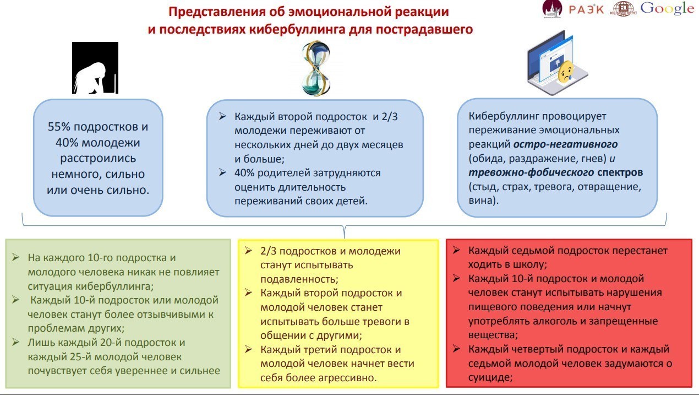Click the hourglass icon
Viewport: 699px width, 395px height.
pyautogui.click(x=316, y=69)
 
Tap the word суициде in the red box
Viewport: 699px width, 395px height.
pyautogui.click(x=490, y=377)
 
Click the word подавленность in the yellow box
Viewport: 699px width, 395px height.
pyautogui.click(x=297, y=279)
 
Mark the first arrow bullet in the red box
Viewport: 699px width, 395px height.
pyautogui.click(x=457, y=250)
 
